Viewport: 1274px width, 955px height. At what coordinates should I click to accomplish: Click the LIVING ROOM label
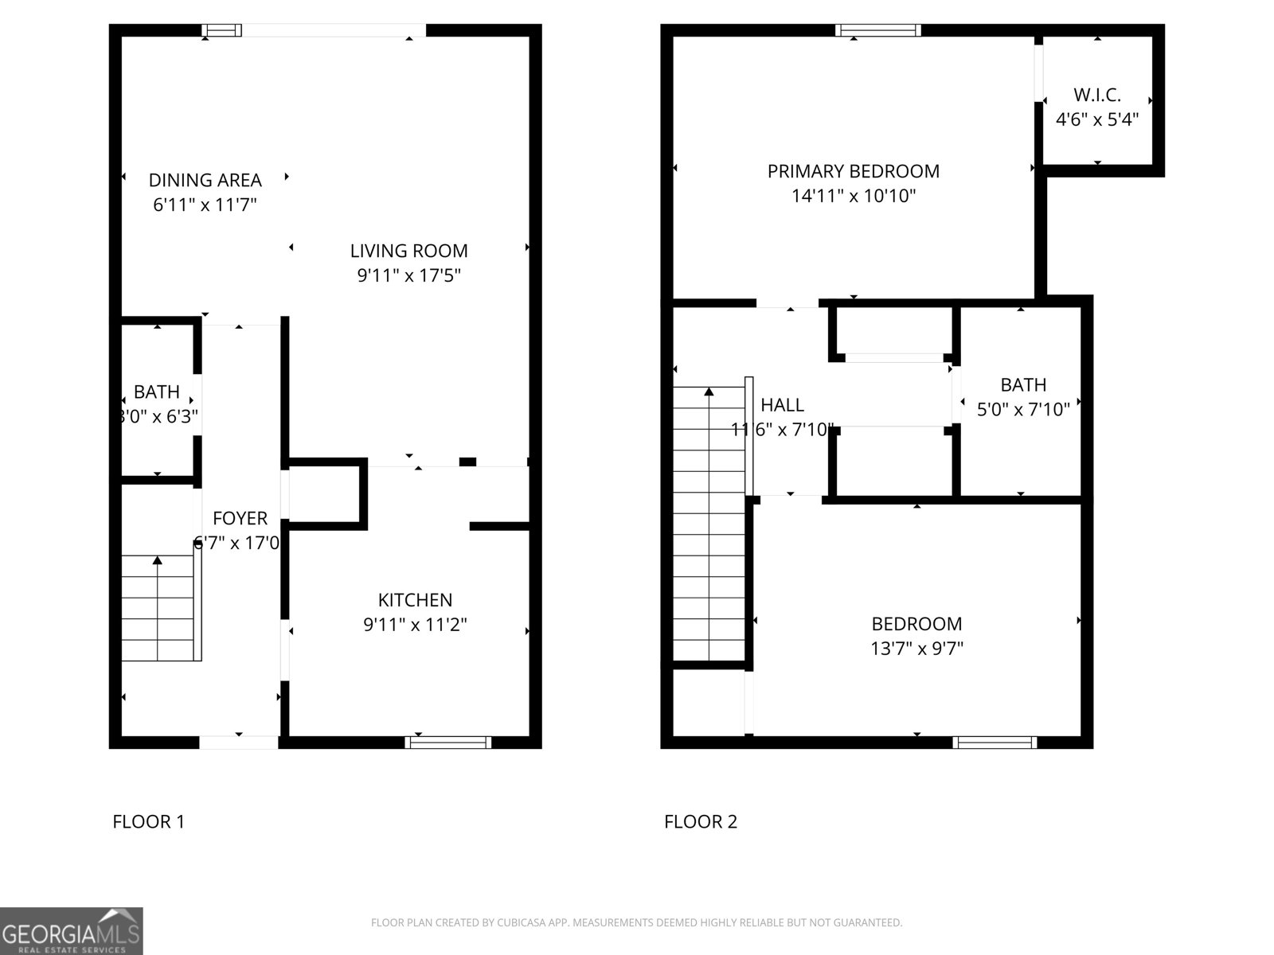coord(408,251)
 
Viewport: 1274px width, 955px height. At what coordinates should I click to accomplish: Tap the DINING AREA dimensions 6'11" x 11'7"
coord(205,205)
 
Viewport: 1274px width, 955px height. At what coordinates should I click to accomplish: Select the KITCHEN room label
coord(415,600)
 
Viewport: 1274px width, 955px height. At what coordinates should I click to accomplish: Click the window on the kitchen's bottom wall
coord(447,743)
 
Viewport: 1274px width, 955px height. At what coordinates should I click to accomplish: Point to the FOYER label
coord(240,519)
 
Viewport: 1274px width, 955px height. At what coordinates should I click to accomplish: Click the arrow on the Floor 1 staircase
coord(158,561)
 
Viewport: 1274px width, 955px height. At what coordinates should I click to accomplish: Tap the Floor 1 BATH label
coord(157,392)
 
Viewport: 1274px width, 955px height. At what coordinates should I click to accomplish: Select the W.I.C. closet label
coord(1097,95)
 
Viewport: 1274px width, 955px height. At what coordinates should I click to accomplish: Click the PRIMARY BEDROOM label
coord(853,171)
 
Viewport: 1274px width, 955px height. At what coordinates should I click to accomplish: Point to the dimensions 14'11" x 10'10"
coord(853,196)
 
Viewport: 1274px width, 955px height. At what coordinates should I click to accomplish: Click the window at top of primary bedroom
coord(878,31)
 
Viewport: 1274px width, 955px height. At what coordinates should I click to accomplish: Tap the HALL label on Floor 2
coord(782,405)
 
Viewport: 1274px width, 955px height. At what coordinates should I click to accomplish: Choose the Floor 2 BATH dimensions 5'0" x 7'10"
coord(1023,410)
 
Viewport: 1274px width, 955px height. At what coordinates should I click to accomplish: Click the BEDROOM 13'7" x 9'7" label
coord(916,624)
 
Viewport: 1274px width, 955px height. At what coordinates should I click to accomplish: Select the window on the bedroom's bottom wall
coord(995,743)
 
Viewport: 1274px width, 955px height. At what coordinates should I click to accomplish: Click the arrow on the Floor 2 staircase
coord(709,392)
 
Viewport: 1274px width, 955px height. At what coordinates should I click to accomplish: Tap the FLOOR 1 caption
coord(149,821)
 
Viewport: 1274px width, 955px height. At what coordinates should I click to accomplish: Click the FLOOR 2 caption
coord(701,821)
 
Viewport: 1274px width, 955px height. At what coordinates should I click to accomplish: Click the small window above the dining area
coord(221,31)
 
